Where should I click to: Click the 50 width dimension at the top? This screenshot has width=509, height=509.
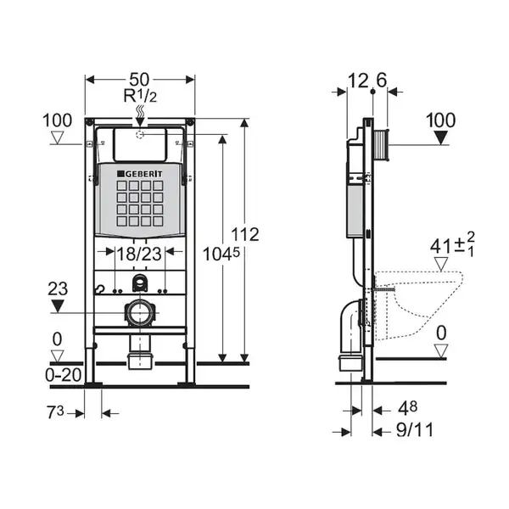139,80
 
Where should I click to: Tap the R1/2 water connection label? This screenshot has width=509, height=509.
140,96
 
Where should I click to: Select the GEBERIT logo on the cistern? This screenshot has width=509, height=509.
140,174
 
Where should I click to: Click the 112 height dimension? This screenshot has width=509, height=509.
245,234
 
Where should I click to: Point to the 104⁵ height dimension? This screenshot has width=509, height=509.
221,254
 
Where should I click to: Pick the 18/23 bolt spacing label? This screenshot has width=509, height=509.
139,254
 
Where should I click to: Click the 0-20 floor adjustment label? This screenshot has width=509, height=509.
64,376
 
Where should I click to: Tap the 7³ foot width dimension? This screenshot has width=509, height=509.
55,413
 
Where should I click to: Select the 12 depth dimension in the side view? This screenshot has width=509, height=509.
357,81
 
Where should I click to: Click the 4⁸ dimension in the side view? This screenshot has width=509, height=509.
407,408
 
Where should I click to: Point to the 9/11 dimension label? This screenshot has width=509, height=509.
415,430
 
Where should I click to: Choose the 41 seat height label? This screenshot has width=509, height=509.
440,246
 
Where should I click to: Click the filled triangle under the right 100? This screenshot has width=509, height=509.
440,138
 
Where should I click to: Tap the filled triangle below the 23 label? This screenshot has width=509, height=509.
58,306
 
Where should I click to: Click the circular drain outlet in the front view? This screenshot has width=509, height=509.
140,312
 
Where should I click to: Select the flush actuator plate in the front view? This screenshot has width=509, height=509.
140,145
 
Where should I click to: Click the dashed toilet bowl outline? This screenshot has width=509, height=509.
418,305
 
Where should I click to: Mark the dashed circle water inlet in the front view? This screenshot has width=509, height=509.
140,134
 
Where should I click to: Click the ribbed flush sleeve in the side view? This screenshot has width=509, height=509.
381,145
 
